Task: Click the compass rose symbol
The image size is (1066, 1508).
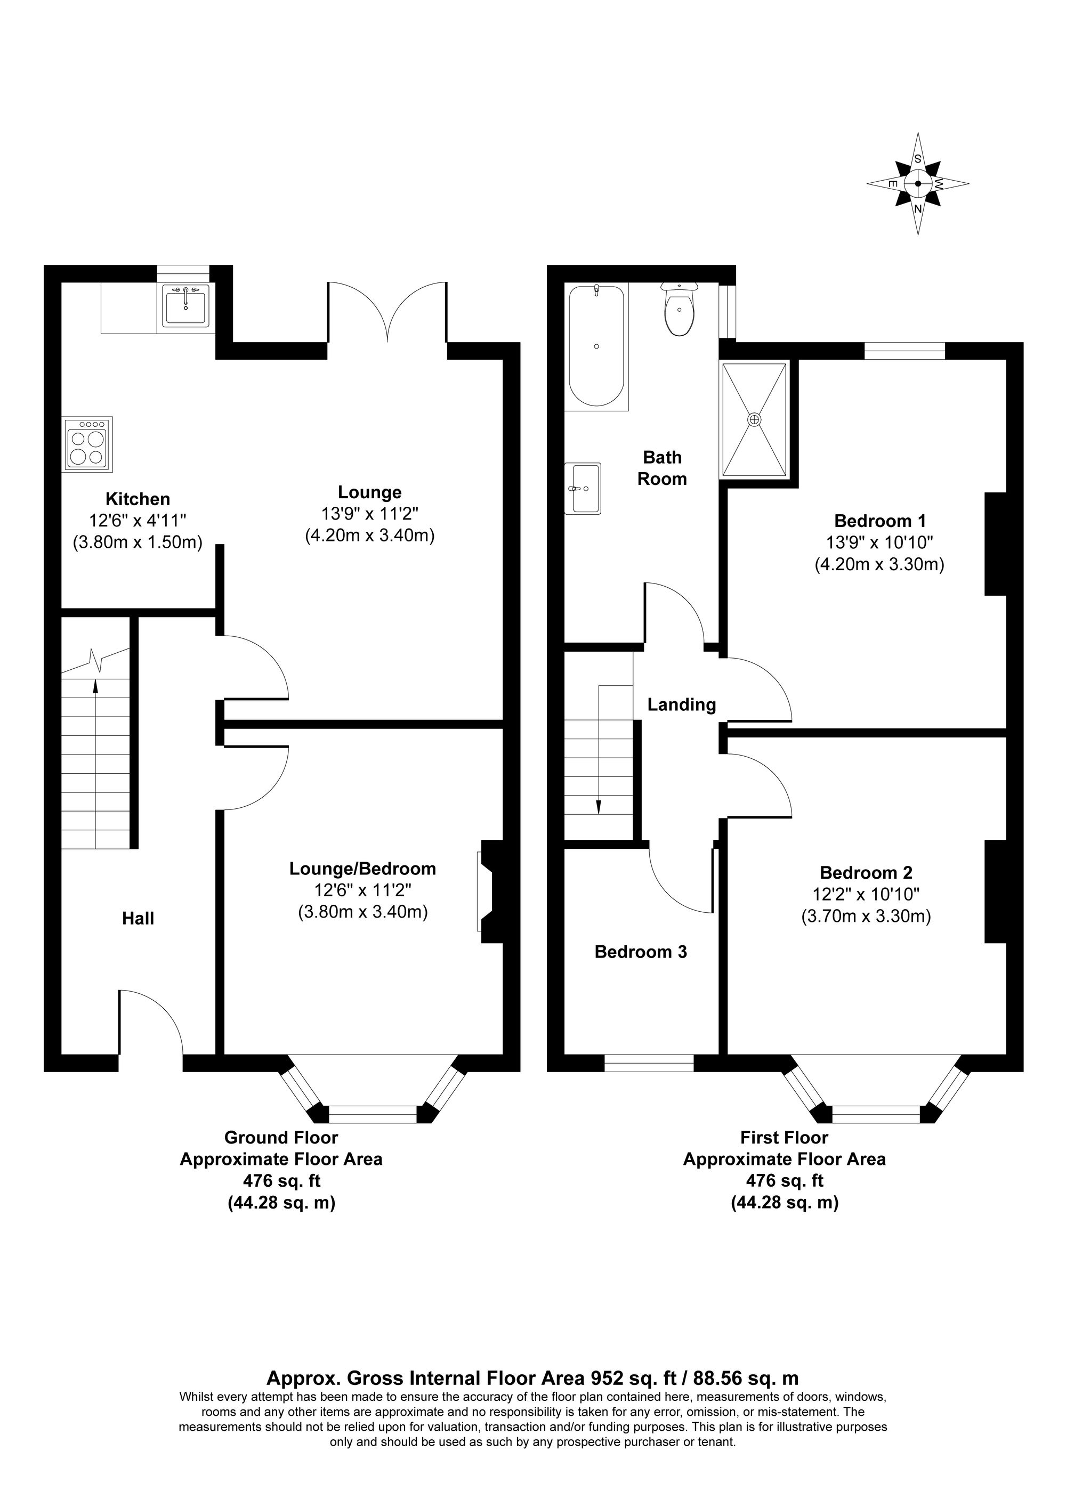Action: coord(918,184)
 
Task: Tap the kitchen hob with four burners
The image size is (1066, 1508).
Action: coord(88,444)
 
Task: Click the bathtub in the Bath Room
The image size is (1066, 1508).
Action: coord(596,346)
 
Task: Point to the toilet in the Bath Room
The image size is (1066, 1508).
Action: coord(679,311)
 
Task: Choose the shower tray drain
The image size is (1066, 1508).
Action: coord(755,419)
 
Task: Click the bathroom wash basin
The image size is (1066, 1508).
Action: coord(583,489)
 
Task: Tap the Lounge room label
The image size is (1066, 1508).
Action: coord(370,492)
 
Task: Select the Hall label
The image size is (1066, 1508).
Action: coord(138,918)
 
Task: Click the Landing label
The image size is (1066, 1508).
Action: coord(681,705)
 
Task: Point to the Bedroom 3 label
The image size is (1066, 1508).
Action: coord(640,952)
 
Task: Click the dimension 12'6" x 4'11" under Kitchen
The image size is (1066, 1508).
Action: coord(138,521)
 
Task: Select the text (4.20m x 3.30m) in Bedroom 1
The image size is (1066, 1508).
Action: coord(879,564)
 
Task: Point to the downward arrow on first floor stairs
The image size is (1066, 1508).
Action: coord(599,806)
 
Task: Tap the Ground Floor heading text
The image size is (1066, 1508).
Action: coord(281,1138)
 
